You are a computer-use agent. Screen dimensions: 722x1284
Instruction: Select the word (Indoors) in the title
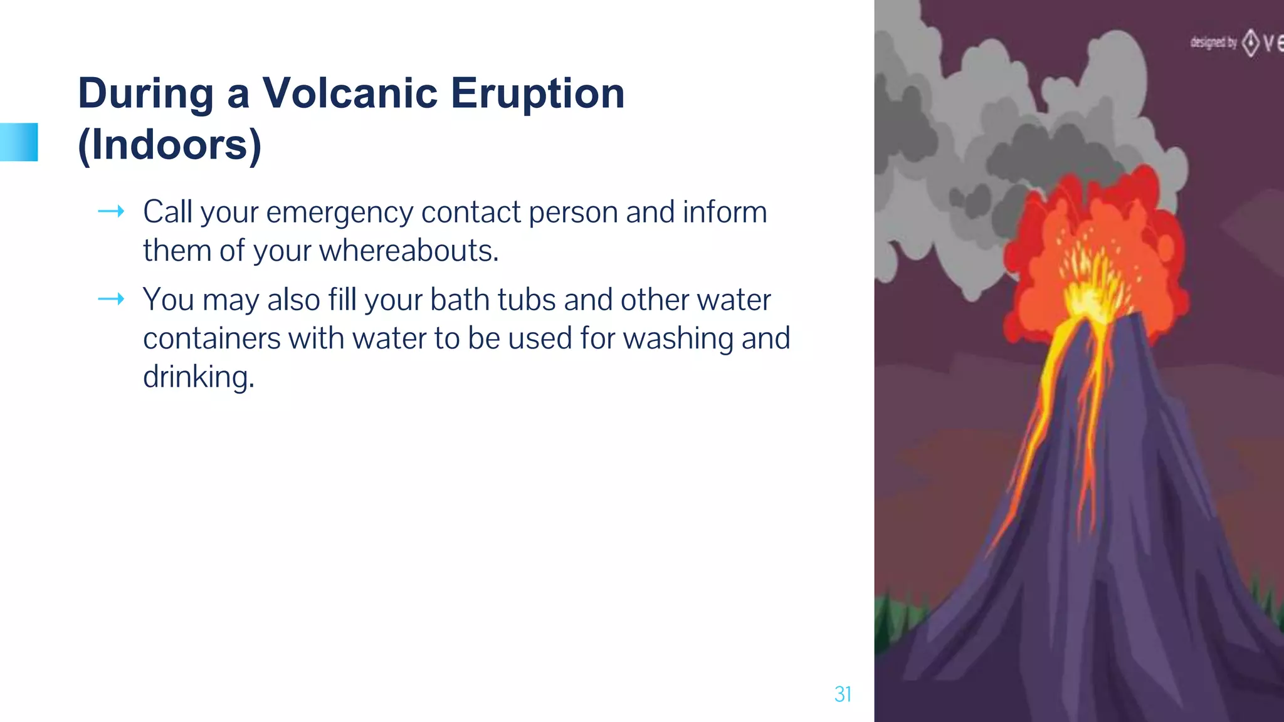point(169,145)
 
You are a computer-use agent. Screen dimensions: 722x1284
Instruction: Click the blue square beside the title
point(19,142)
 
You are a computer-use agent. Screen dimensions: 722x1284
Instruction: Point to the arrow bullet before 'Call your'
point(111,212)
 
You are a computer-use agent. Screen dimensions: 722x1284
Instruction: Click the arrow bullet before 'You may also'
point(111,300)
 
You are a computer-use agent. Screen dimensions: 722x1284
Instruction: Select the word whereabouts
point(409,251)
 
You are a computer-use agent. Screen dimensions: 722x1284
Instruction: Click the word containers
point(212,338)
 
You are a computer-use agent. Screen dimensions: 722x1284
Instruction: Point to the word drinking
point(199,377)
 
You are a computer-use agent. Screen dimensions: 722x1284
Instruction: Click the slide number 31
point(843,694)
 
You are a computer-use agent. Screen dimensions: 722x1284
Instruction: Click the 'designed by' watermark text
point(1213,43)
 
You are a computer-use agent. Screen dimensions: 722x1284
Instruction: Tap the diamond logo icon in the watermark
point(1251,43)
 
